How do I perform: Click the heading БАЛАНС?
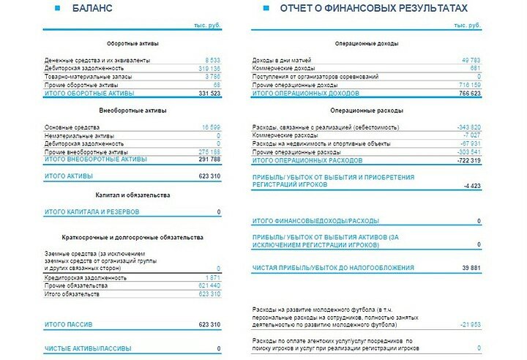[92, 8]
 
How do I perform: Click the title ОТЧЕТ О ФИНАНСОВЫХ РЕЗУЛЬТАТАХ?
[373, 8]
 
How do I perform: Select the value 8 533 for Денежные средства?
[212, 60]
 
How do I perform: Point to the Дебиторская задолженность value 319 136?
[209, 68]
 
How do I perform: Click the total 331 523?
[209, 94]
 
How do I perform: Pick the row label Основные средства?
[69, 127]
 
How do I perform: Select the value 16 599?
[209, 127]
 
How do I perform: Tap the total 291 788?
[209, 159]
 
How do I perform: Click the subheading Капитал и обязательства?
[132, 195]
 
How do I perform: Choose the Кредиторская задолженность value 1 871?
[212, 278]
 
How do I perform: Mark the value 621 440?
[209, 285]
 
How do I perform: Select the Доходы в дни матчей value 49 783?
[470, 60]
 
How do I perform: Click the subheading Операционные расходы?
[366, 110]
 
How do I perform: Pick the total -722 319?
[468, 160]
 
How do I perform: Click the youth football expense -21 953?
[469, 324]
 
